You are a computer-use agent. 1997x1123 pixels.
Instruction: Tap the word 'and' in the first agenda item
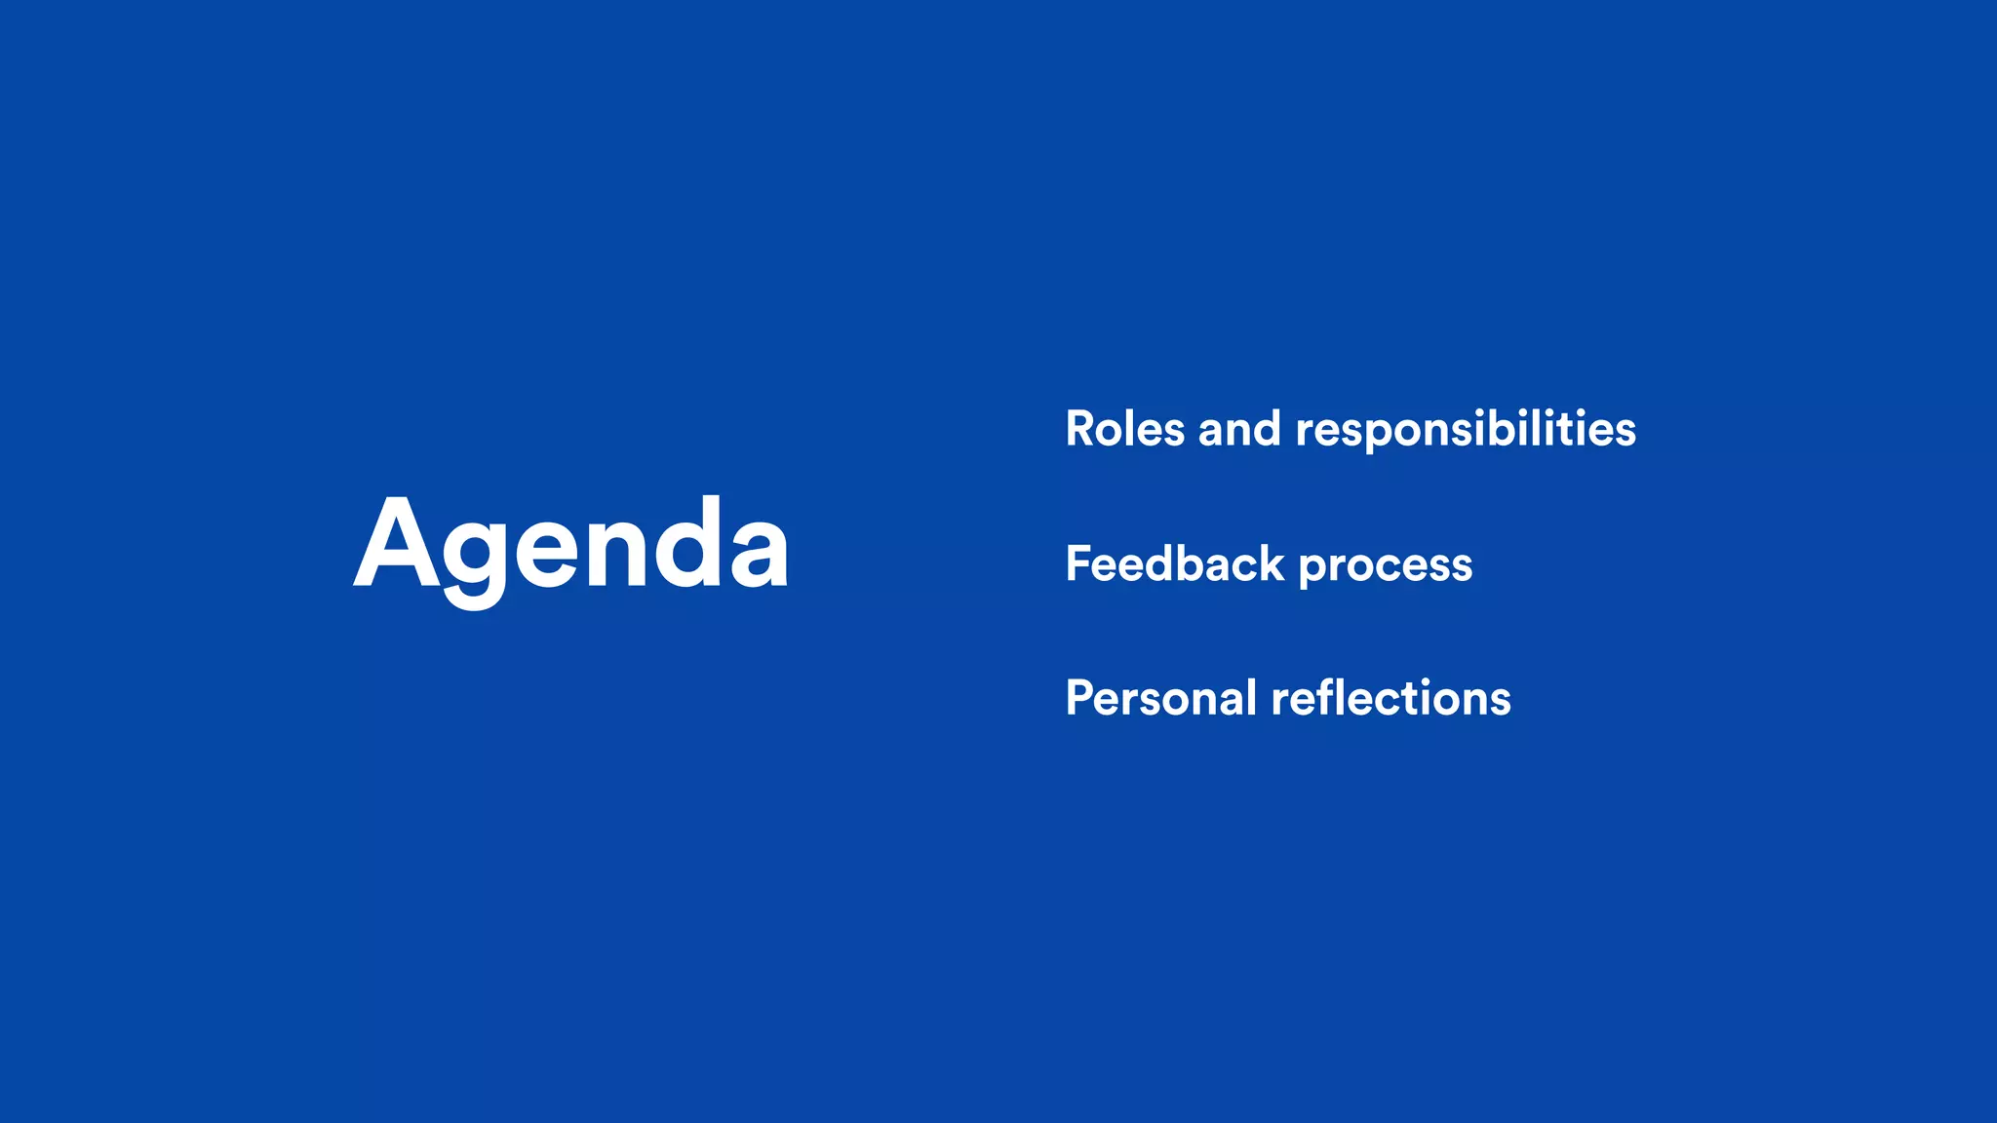click(x=1239, y=429)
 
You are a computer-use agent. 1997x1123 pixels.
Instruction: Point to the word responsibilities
click(x=1466, y=431)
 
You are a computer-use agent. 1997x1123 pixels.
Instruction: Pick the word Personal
click(x=1160, y=698)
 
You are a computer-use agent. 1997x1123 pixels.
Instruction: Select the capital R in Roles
click(x=1082, y=429)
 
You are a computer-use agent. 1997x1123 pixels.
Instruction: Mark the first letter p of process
click(x=1313, y=569)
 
